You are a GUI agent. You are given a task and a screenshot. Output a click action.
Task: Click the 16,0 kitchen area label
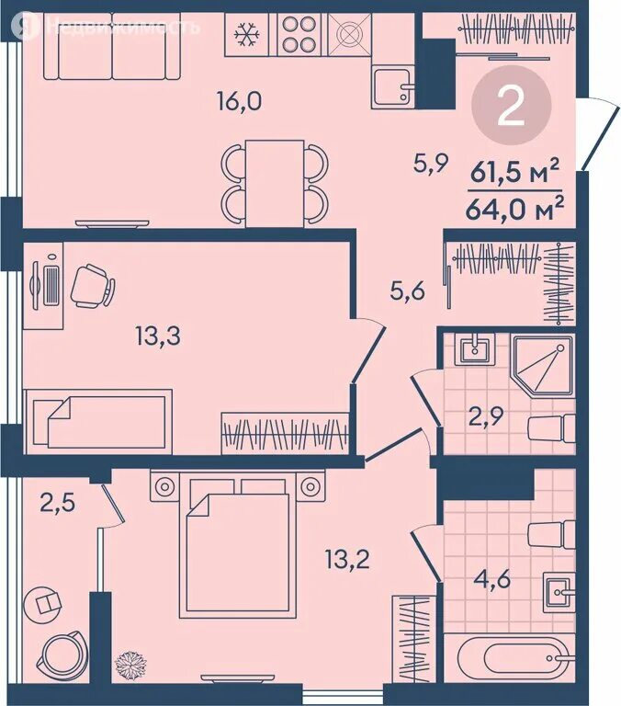239,102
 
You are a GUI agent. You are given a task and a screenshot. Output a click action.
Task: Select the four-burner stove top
298,34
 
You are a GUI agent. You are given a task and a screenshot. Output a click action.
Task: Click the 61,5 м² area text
514,173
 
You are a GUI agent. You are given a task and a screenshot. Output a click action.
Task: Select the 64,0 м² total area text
514,209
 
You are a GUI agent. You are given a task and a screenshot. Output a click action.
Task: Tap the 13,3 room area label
158,336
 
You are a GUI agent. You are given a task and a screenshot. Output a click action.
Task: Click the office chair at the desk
91,287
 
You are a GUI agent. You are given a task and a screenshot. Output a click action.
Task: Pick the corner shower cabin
543,365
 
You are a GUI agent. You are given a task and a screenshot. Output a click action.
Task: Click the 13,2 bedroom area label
347,560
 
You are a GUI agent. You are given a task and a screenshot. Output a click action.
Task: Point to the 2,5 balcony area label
57,503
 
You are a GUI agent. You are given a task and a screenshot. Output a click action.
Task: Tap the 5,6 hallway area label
407,291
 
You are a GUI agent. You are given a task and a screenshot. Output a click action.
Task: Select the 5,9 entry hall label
431,164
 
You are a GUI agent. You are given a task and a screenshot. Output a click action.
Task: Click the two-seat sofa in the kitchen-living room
112,46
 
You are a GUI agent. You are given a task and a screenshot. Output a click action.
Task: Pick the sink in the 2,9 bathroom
474,349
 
